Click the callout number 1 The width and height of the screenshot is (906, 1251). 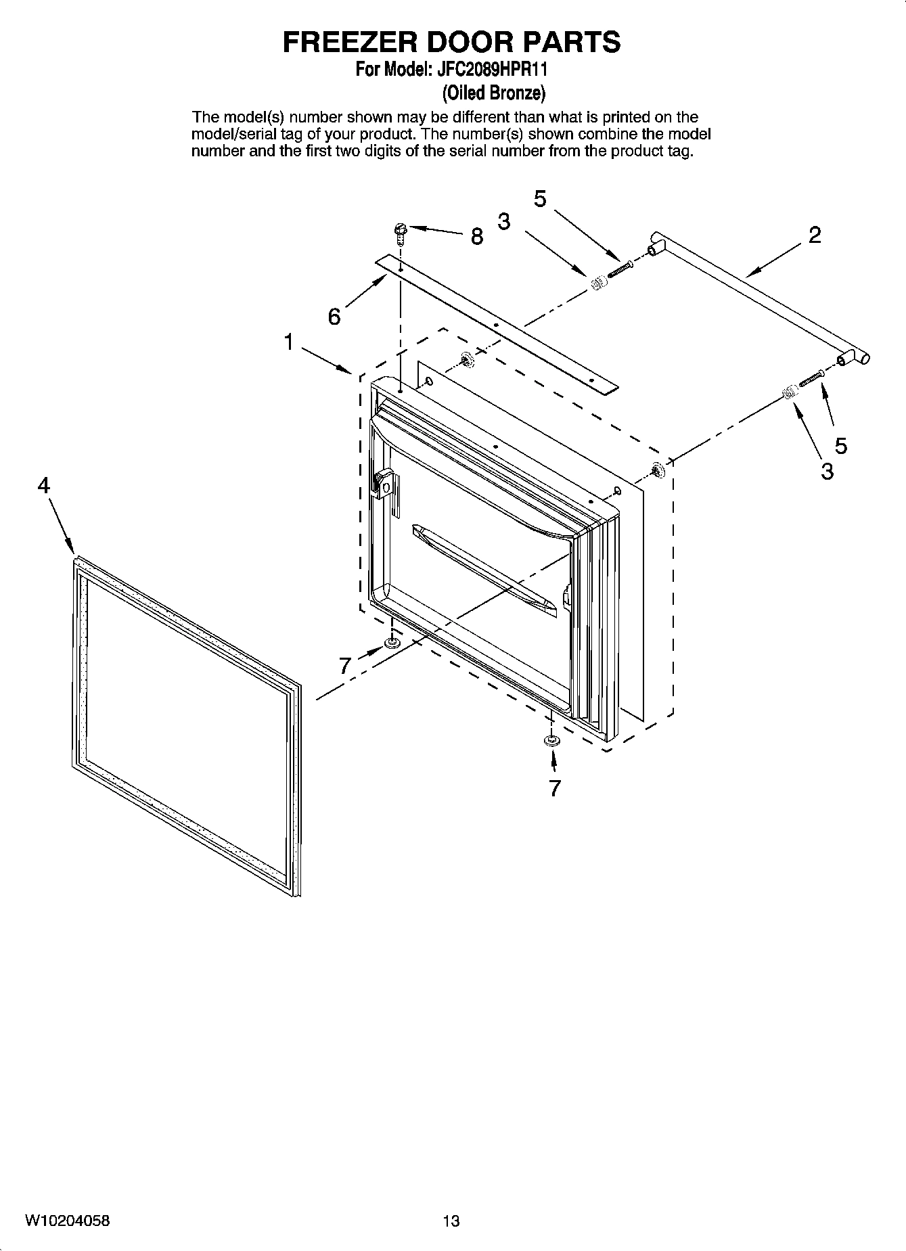(289, 342)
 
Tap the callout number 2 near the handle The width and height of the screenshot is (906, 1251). (815, 235)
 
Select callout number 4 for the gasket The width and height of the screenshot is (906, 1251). (44, 485)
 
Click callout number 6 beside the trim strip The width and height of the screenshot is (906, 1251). (334, 316)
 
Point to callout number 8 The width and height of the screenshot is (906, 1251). (477, 236)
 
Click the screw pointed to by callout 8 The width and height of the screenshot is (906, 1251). (400, 233)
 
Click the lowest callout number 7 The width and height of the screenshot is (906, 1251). (555, 788)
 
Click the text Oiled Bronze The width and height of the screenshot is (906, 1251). (493, 92)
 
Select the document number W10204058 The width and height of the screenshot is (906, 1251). (67, 1221)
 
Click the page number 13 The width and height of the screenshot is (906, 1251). (451, 1221)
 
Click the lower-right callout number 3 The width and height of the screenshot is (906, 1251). (827, 472)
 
